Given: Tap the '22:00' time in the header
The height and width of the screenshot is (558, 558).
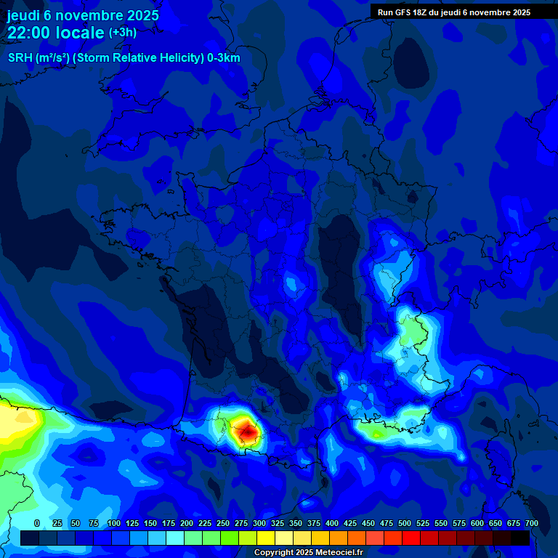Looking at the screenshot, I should click(x=28, y=33).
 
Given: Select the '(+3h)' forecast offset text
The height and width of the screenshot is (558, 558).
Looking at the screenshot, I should click(x=123, y=33).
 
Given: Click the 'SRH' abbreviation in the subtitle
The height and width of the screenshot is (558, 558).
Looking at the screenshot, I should click(x=20, y=58).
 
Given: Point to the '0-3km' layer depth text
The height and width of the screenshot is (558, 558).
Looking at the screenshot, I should click(x=223, y=58).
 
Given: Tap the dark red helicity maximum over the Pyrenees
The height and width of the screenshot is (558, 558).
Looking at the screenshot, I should click(x=248, y=432).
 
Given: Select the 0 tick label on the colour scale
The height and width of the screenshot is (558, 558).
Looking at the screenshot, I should click(x=37, y=523).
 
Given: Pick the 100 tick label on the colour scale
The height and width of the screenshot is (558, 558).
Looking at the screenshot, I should click(x=114, y=523).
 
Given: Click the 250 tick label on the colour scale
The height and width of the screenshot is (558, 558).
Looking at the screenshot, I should click(x=223, y=523).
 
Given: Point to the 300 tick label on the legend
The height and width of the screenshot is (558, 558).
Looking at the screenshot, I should click(x=259, y=523).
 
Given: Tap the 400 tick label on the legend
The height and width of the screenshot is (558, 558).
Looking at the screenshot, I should click(x=332, y=523).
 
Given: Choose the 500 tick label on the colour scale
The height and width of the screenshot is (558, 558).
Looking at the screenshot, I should click(x=405, y=523).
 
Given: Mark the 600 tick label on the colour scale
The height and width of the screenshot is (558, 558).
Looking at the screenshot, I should click(x=477, y=523).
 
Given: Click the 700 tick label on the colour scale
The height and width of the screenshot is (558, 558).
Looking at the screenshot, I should click(x=531, y=523).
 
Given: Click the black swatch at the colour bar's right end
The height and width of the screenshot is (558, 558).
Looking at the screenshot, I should click(x=520, y=538).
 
